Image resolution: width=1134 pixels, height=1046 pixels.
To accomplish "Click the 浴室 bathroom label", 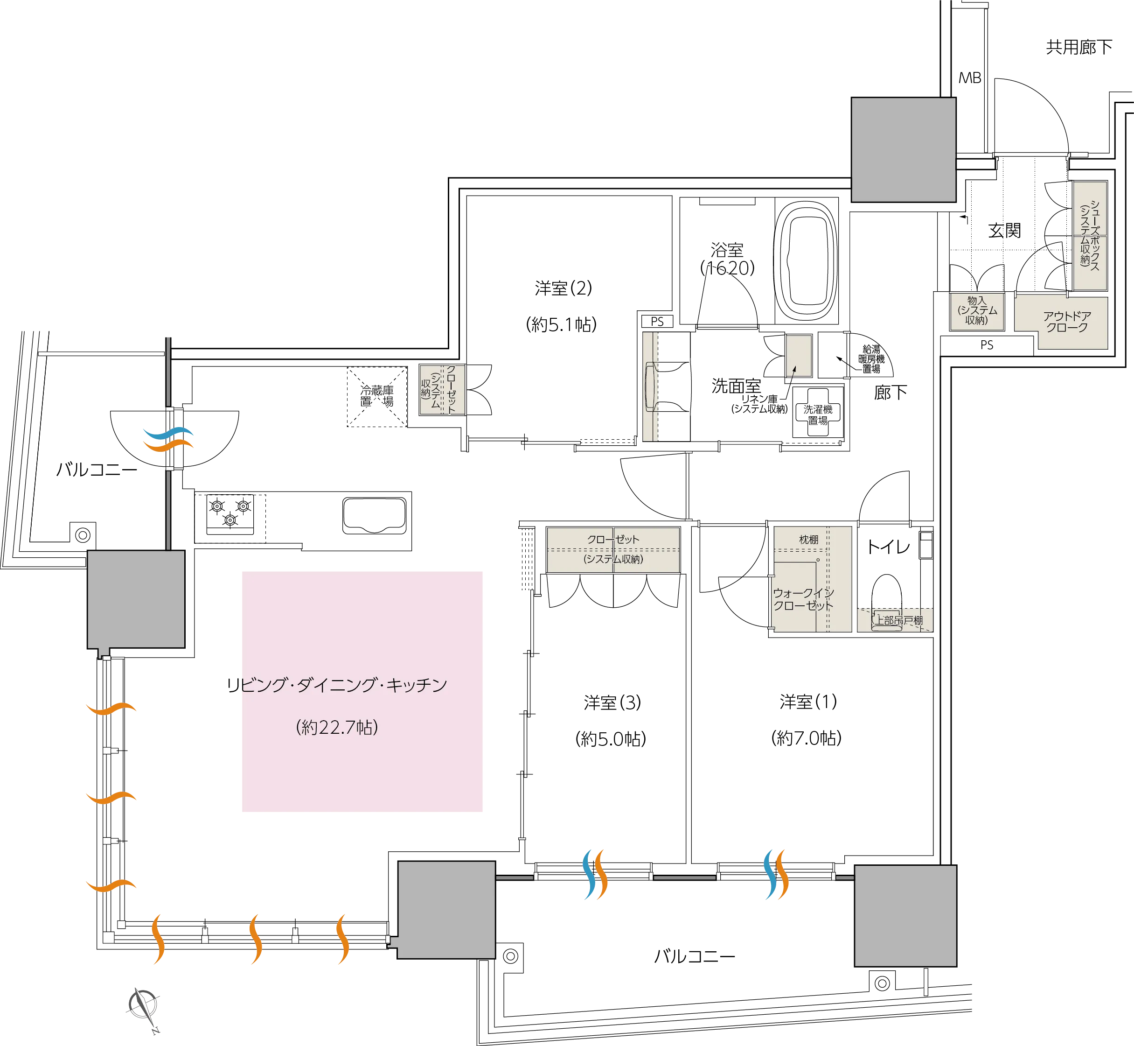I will [x=727, y=249].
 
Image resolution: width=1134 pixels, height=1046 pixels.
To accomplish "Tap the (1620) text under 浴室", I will [x=727, y=268].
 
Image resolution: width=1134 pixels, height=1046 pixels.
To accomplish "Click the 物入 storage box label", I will [x=977, y=311].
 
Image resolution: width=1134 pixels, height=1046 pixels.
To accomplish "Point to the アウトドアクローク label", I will [x=1067, y=322].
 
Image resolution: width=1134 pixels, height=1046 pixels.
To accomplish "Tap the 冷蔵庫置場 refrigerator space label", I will [x=377, y=396].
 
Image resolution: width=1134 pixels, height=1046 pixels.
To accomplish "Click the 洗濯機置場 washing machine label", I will [x=818, y=415].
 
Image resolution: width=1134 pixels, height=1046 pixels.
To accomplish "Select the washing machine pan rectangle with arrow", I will [x=799, y=356].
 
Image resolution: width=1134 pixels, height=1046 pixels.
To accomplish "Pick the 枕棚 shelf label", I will [x=808, y=540].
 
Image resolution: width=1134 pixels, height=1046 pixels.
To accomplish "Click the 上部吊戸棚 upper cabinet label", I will [x=899, y=620].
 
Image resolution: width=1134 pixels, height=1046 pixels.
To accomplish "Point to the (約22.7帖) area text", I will [x=337, y=727].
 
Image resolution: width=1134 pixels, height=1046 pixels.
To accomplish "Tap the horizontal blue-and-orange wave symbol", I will [x=167, y=439].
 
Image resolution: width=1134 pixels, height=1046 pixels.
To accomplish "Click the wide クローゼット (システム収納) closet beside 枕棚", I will [x=613, y=549].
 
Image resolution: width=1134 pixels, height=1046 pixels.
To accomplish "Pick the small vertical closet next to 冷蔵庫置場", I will [x=442, y=390].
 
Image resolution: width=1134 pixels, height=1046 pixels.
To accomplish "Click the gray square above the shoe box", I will [x=903, y=149].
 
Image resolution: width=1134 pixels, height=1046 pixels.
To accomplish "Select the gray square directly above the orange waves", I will [x=136, y=599].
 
